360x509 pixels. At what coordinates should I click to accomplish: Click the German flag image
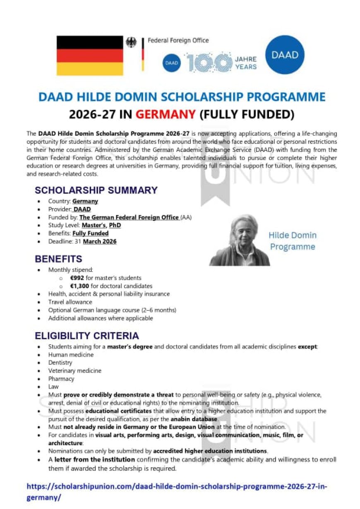(x=90, y=55)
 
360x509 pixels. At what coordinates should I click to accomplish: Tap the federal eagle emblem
(x=131, y=42)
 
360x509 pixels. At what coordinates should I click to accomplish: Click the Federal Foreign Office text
(x=178, y=41)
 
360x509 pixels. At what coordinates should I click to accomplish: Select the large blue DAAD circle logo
(x=285, y=55)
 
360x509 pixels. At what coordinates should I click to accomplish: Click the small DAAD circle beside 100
(x=171, y=63)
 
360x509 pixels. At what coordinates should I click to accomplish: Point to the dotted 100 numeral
(x=209, y=63)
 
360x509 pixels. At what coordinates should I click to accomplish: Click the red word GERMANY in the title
(x=166, y=114)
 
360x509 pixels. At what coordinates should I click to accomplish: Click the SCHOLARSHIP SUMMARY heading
(x=96, y=190)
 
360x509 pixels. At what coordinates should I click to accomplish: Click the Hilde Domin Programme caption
(x=292, y=241)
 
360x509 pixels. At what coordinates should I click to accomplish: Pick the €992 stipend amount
(x=77, y=278)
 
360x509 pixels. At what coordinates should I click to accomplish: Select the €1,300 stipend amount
(x=79, y=286)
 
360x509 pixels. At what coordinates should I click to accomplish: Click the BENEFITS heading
(x=58, y=259)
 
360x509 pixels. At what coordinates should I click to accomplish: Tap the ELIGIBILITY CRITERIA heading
(x=87, y=336)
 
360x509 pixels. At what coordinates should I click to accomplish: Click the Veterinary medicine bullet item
(x=74, y=371)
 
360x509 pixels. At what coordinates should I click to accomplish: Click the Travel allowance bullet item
(x=70, y=302)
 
